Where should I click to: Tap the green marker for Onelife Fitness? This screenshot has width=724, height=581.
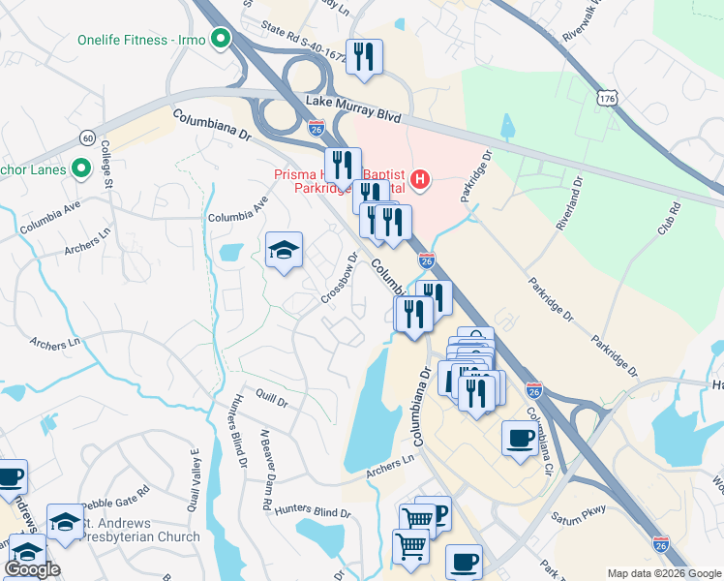(220, 40)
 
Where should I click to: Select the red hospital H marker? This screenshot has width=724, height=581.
(420, 178)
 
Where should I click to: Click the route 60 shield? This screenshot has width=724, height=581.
(88, 138)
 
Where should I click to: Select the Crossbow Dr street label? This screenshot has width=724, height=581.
(340, 278)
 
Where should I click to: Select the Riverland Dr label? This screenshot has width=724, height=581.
(567, 202)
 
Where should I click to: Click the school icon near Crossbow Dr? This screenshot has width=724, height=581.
(284, 252)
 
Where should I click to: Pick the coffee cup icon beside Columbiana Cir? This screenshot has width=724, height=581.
(520, 439)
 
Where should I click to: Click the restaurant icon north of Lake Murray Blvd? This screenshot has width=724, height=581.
(364, 57)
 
